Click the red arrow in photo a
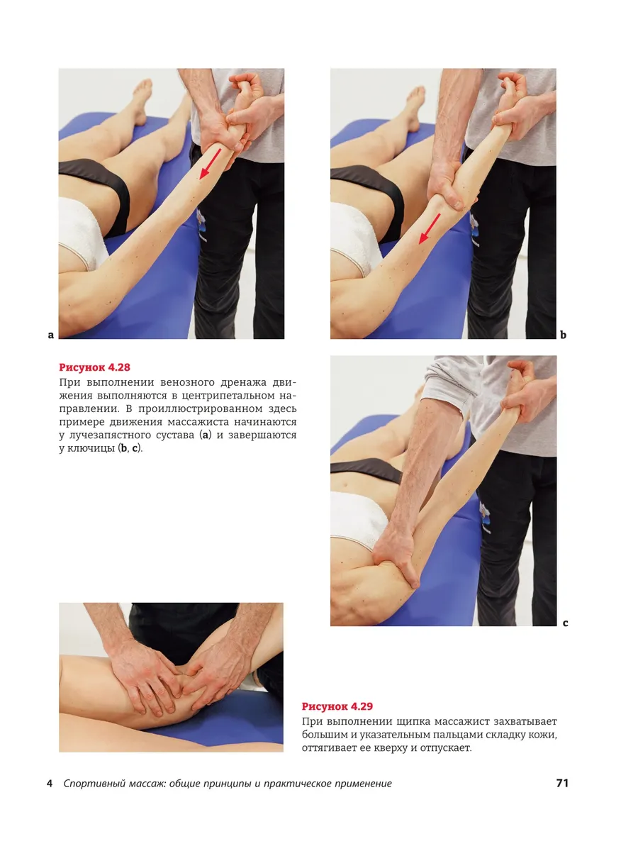tap(210, 164)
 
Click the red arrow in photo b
tap(430, 229)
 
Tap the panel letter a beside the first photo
tap(51, 335)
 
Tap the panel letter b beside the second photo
tap(564, 335)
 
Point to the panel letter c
tap(565, 623)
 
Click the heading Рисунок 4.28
tap(94, 367)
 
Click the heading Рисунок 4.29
tap(337, 706)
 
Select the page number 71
tap(562, 783)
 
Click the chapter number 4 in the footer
tap(50, 784)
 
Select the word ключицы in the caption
tap(92, 449)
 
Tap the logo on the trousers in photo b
tap(474, 230)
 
